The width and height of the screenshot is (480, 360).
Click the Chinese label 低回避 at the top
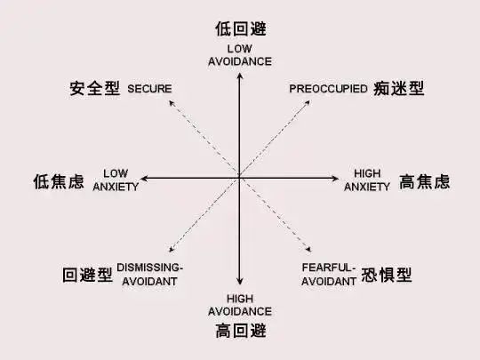pos(241,28)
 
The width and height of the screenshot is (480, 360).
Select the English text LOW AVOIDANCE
pos(240,55)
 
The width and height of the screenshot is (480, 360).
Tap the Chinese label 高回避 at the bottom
pos(241,331)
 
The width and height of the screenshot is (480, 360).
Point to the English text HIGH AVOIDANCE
pos(240,305)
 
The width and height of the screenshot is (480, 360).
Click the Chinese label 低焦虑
pos(59,181)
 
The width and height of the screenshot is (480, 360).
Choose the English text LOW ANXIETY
pos(116,180)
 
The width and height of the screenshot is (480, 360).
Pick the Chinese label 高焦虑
pos(425,181)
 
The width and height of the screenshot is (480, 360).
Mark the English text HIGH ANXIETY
pos(367,180)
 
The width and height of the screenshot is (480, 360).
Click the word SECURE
pos(149,89)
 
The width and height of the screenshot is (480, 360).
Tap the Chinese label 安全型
pos(94,88)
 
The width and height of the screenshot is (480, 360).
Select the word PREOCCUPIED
pos(328,89)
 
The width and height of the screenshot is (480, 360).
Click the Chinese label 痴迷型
pos(398,88)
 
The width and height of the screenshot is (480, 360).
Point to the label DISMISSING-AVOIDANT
pos(149,275)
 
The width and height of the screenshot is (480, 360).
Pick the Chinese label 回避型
pos(87,275)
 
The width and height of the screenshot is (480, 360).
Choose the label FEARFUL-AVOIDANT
pos(329,275)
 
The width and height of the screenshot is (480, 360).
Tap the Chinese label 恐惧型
pos(387,275)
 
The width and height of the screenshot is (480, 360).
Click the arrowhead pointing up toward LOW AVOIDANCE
pos(240,76)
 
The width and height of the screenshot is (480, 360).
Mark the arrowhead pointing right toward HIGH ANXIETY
pos(335,178)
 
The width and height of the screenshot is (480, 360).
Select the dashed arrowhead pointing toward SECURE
pos(172,103)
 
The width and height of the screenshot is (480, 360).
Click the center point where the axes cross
pos(240,178)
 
